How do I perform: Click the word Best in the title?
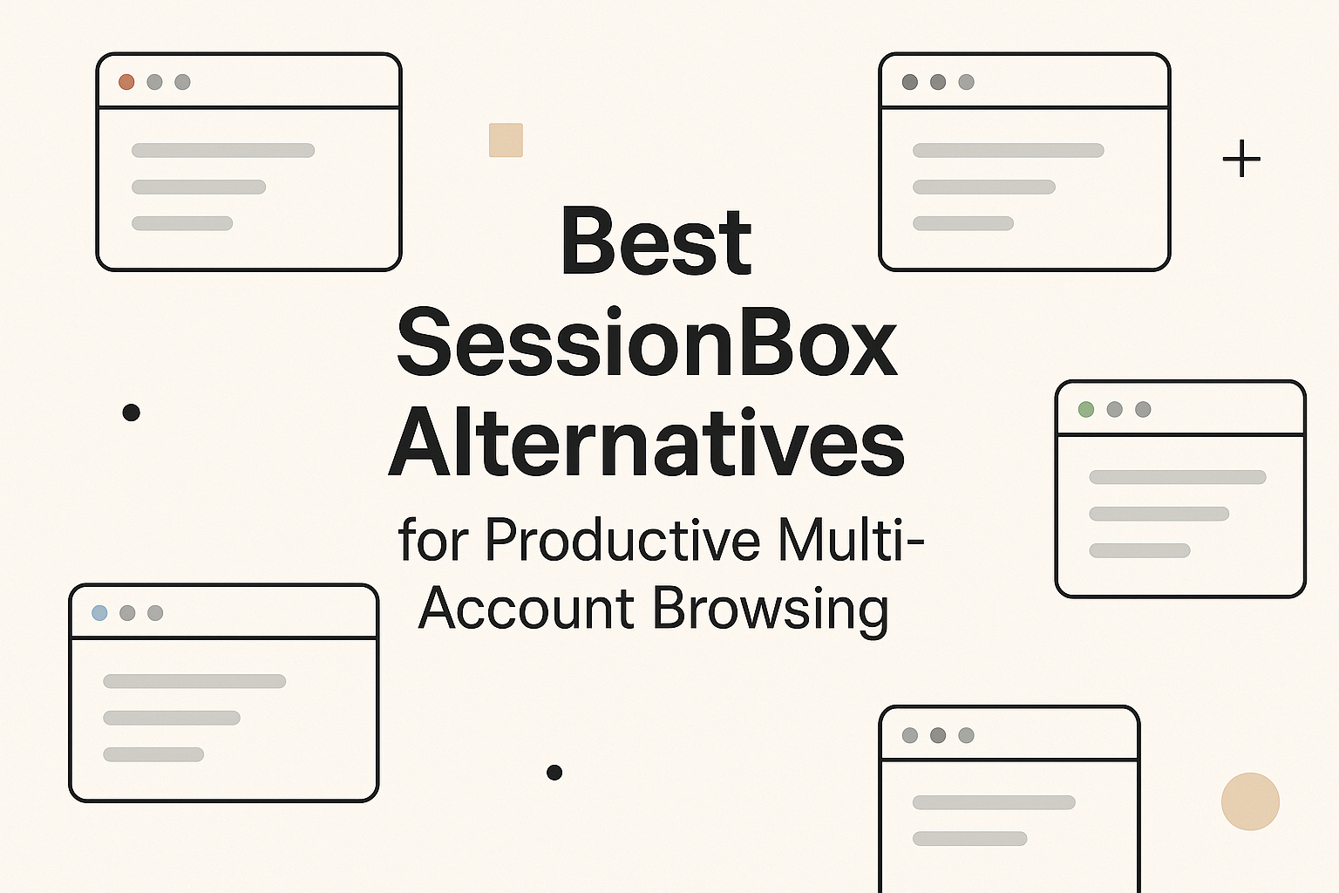(x=656, y=242)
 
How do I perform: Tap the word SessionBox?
(x=647, y=344)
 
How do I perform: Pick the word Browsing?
(x=771, y=610)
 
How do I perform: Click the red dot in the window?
(x=126, y=82)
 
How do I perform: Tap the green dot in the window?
(x=1086, y=409)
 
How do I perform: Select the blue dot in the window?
(x=99, y=613)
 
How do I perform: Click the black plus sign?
(x=1241, y=160)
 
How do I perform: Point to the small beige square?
(x=506, y=140)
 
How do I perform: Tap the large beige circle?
(x=1250, y=801)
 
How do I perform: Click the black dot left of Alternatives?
(x=132, y=412)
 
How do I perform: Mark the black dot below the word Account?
(x=554, y=772)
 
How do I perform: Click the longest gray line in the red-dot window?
(x=223, y=150)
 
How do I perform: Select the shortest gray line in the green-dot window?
(x=1139, y=550)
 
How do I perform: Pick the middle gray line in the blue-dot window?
(x=172, y=718)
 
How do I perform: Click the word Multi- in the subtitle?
(x=851, y=541)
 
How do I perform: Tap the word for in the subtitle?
(x=433, y=541)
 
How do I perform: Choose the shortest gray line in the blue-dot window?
(x=153, y=754)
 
